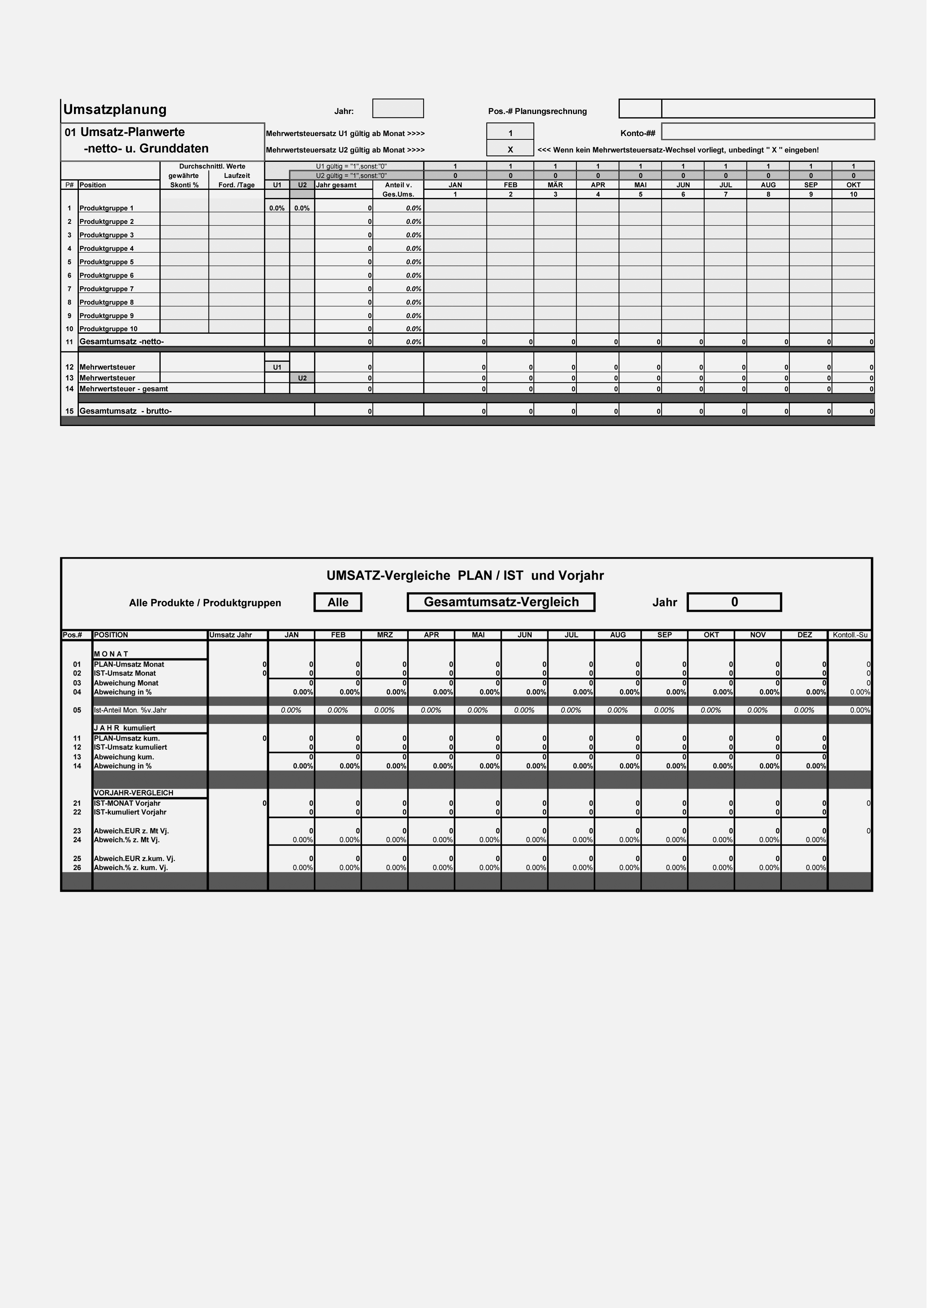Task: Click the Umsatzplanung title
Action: click(x=115, y=110)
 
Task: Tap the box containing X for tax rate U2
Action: click(x=514, y=151)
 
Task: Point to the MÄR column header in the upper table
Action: click(x=560, y=186)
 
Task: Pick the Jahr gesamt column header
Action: click(x=339, y=186)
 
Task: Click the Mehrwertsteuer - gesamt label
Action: click(x=125, y=392)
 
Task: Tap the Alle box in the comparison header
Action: click(x=340, y=607)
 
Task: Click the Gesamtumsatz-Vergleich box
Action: click(x=505, y=607)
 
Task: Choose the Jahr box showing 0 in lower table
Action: click(x=740, y=607)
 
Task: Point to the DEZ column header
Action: click(x=811, y=640)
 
